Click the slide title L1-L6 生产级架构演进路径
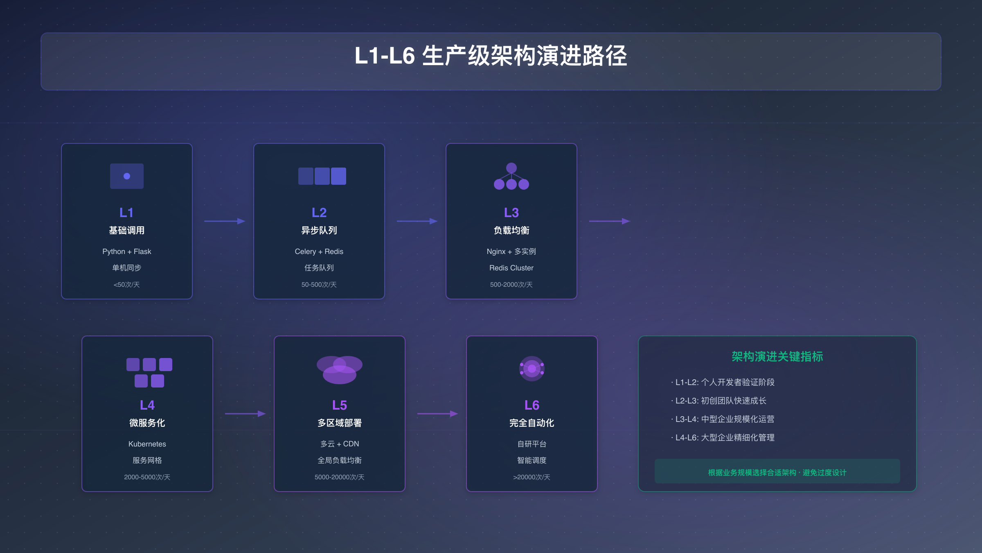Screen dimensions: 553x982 click(x=491, y=56)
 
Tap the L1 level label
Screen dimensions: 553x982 click(x=126, y=213)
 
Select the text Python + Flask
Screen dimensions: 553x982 click(x=126, y=252)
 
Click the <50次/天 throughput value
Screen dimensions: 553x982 click(x=126, y=285)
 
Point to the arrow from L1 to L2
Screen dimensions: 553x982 click(x=224, y=221)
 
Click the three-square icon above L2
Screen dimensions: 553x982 click(x=322, y=176)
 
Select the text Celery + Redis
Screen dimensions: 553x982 click(x=319, y=252)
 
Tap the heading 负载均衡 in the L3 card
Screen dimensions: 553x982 click(x=511, y=231)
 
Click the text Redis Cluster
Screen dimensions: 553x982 click(x=511, y=268)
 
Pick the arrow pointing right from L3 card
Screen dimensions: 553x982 click(x=609, y=221)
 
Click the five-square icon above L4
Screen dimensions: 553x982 click(x=149, y=372)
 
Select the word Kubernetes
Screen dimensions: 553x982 click(x=147, y=444)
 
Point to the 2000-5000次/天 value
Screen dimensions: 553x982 click(x=147, y=477)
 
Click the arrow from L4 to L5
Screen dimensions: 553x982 click(x=245, y=414)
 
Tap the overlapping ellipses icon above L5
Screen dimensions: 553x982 click(x=339, y=369)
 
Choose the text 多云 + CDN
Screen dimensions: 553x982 click(x=339, y=444)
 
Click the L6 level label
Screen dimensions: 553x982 click(x=532, y=405)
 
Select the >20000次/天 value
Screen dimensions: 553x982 click(x=532, y=477)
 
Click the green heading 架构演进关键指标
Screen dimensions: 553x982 click(x=777, y=357)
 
